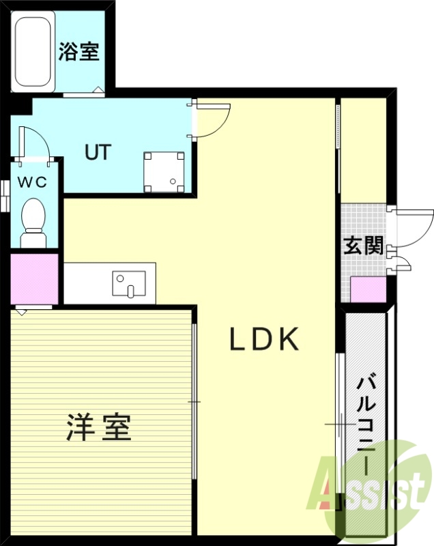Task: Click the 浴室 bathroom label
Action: [80, 52]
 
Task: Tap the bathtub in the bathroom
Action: [33, 52]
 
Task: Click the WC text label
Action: [32, 182]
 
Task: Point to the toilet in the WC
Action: [32, 220]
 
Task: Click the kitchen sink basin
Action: [129, 283]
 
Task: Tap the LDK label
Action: [263, 339]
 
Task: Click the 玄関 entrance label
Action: [362, 246]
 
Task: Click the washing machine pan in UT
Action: [164, 172]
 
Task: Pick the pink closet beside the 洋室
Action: [34, 279]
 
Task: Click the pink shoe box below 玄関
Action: [368, 289]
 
